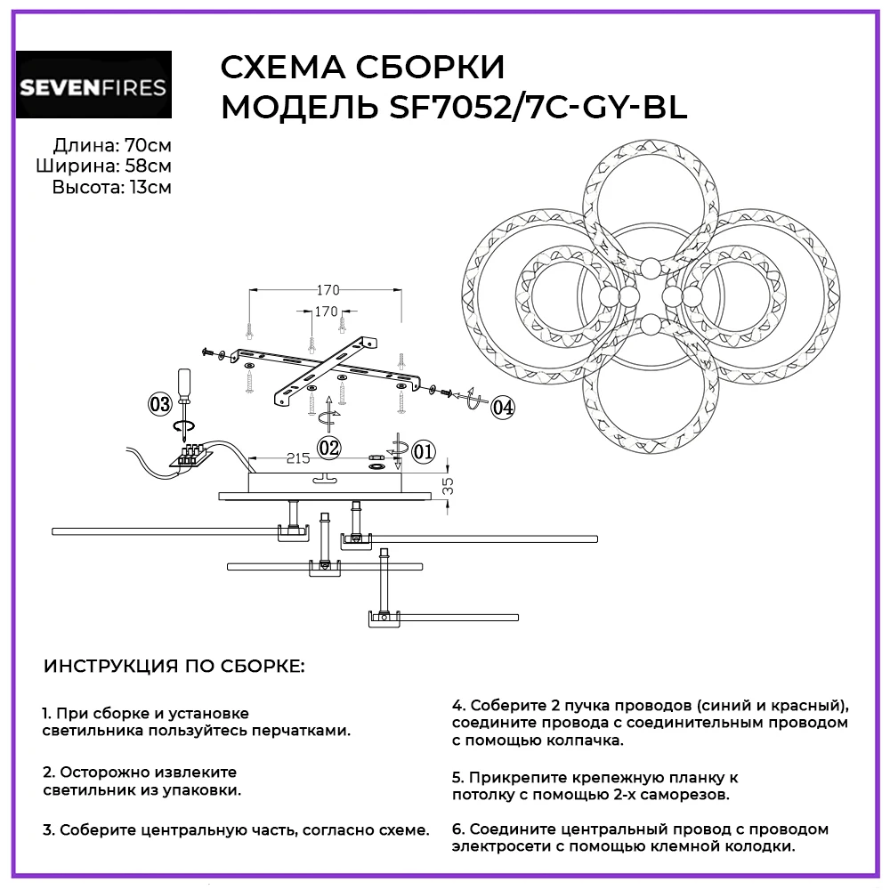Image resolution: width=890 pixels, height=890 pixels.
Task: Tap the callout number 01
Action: point(424,451)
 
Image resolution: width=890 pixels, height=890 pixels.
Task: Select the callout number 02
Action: point(329,447)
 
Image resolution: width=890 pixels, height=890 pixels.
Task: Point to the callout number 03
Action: point(160,404)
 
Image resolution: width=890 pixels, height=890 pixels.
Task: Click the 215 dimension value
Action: point(298,458)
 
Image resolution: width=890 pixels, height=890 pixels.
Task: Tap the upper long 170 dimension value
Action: point(329,290)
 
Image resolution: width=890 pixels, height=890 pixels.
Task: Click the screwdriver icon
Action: point(184,392)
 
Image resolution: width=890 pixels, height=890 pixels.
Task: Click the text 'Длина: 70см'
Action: point(112,145)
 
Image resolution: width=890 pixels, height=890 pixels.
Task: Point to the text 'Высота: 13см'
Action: point(111,187)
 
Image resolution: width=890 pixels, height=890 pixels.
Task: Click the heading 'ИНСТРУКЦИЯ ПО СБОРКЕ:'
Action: point(174,666)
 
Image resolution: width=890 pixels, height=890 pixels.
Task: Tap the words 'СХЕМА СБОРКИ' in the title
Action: point(361,69)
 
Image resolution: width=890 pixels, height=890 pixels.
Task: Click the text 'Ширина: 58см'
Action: point(104,166)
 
